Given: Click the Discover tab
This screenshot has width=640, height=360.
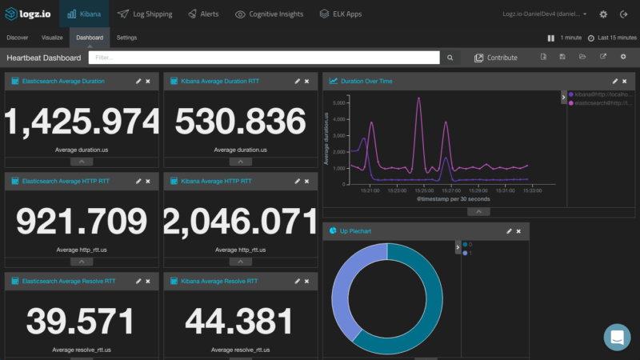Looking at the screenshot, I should (x=18, y=38).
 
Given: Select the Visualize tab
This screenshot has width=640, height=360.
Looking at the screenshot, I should (x=53, y=38).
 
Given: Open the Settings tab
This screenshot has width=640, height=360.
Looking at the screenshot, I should (x=126, y=38).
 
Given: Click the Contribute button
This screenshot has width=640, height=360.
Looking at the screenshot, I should (x=496, y=58).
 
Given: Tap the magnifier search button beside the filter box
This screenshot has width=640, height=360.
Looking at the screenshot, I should (x=450, y=58).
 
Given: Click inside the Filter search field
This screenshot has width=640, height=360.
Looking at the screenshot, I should (x=264, y=58).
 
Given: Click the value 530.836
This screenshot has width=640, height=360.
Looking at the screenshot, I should (x=241, y=122).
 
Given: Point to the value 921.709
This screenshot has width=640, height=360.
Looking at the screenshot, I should (x=82, y=222).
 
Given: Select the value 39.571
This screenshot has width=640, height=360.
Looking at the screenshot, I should (x=82, y=322).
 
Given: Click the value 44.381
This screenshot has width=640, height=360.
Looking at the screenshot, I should (x=241, y=322).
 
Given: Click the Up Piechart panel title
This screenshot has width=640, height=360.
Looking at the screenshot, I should (x=355, y=230).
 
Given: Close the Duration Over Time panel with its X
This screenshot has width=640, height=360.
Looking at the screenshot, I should (x=626, y=81).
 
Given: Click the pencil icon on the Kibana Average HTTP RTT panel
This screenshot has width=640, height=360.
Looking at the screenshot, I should (x=298, y=182).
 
